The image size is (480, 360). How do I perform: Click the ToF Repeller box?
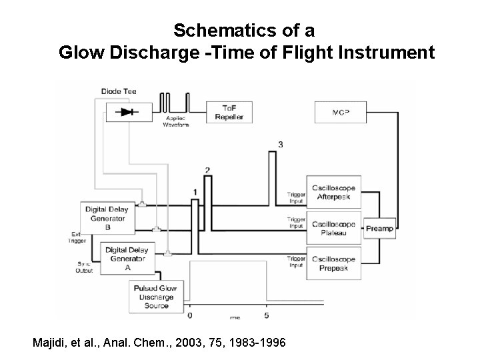pos(229,113)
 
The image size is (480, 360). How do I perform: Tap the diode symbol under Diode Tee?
pos(127,112)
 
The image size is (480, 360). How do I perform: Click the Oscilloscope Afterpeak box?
pos(333,191)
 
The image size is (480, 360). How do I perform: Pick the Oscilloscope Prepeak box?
pos(333,262)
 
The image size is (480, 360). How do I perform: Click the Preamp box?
pos(379,229)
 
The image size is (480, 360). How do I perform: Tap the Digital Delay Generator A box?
pos(127,258)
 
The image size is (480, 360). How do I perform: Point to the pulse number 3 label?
pos(281,145)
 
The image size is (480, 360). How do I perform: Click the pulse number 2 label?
pos(208,171)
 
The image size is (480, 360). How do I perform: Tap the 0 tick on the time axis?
pos(191,315)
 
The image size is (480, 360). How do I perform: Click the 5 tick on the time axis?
pos(267,315)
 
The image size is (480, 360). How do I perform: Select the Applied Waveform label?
pos(176,121)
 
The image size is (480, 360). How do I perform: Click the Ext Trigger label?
pos(78,237)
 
